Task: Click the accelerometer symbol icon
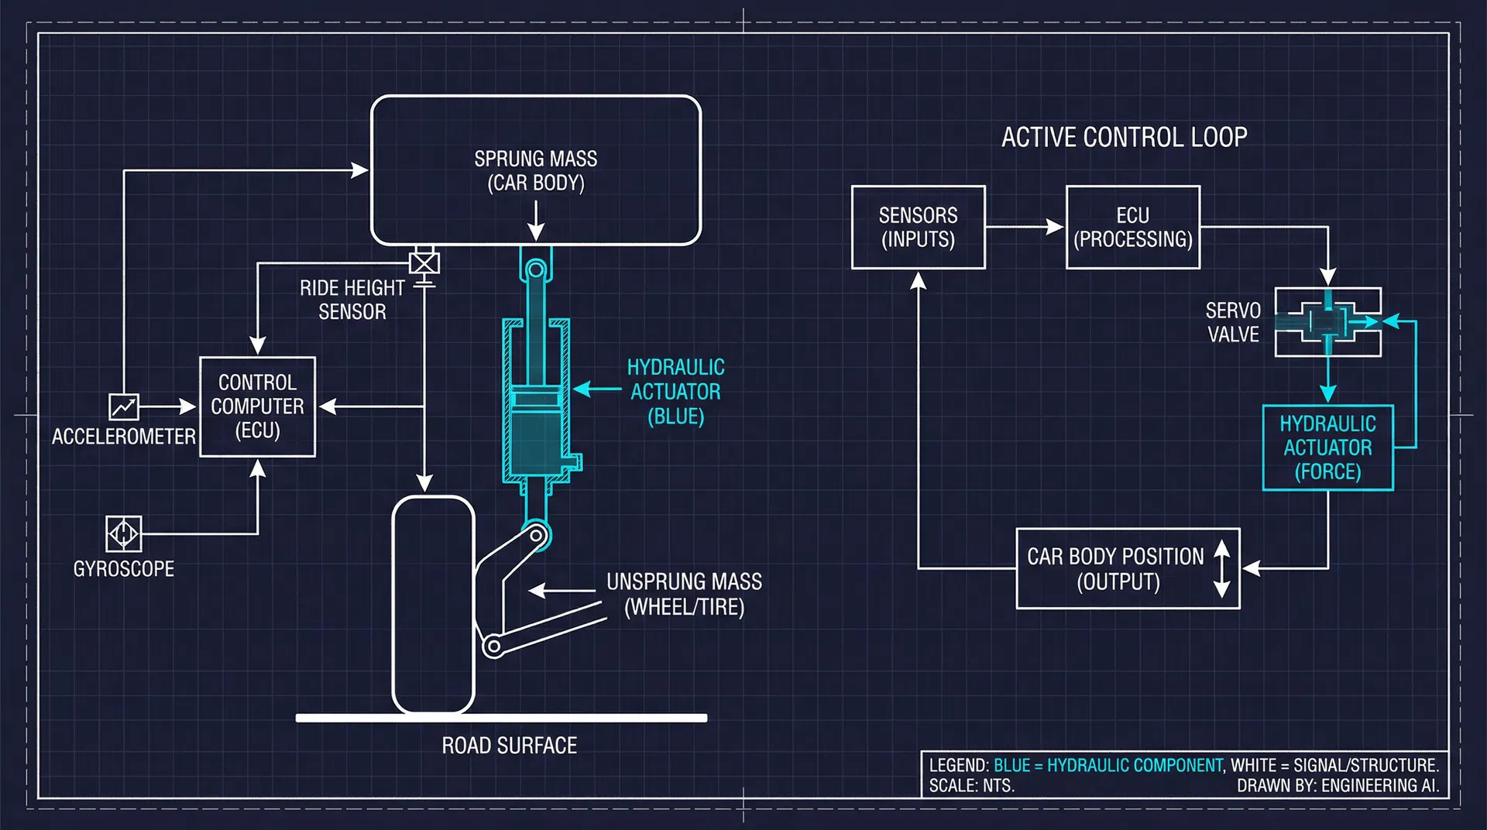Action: [x=123, y=406]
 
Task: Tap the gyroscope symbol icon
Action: [x=123, y=533]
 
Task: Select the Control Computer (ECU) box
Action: [x=257, y=406]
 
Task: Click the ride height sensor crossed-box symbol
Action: [x=424, y=263]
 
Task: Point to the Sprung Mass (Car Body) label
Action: [x=535, y=170]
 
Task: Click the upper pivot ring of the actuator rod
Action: [x=535, y=270]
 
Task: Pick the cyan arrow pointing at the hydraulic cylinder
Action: [x=596, y=389]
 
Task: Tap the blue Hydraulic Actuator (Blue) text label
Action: [x=675, y=392]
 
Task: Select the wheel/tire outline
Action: [x=433, y=604]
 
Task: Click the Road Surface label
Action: [x=509, y=746]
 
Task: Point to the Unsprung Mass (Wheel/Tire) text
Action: [x=684, y=594]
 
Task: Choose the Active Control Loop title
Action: [x=1124, y=137]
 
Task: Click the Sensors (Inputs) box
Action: [x=918, y=227]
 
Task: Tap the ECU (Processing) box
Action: [x=1132, y=227]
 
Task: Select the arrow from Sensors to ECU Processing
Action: [x=1025, y=227]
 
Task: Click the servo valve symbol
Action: [x=1327, y=322]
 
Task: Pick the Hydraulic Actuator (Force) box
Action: [x=1327, y=448]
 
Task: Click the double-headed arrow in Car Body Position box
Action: [x=1221, y=568]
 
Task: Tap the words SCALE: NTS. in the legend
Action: [x=971, y=786]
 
